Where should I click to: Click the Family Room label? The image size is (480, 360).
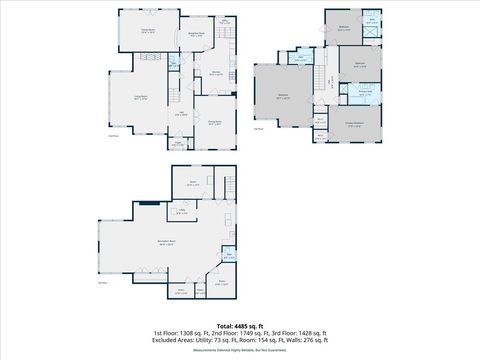[146, 31]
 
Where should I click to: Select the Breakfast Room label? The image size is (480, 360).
[197, 34]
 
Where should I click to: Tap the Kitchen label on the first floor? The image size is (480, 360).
[215, 73]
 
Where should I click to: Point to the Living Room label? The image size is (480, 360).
[141, 98]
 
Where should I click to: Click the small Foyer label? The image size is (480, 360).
[179, 145]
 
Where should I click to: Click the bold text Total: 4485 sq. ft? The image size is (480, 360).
[240, 325]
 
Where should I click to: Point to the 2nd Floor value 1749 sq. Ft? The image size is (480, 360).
[237, 332]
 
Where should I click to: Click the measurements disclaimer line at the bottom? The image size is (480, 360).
[240, 349]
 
